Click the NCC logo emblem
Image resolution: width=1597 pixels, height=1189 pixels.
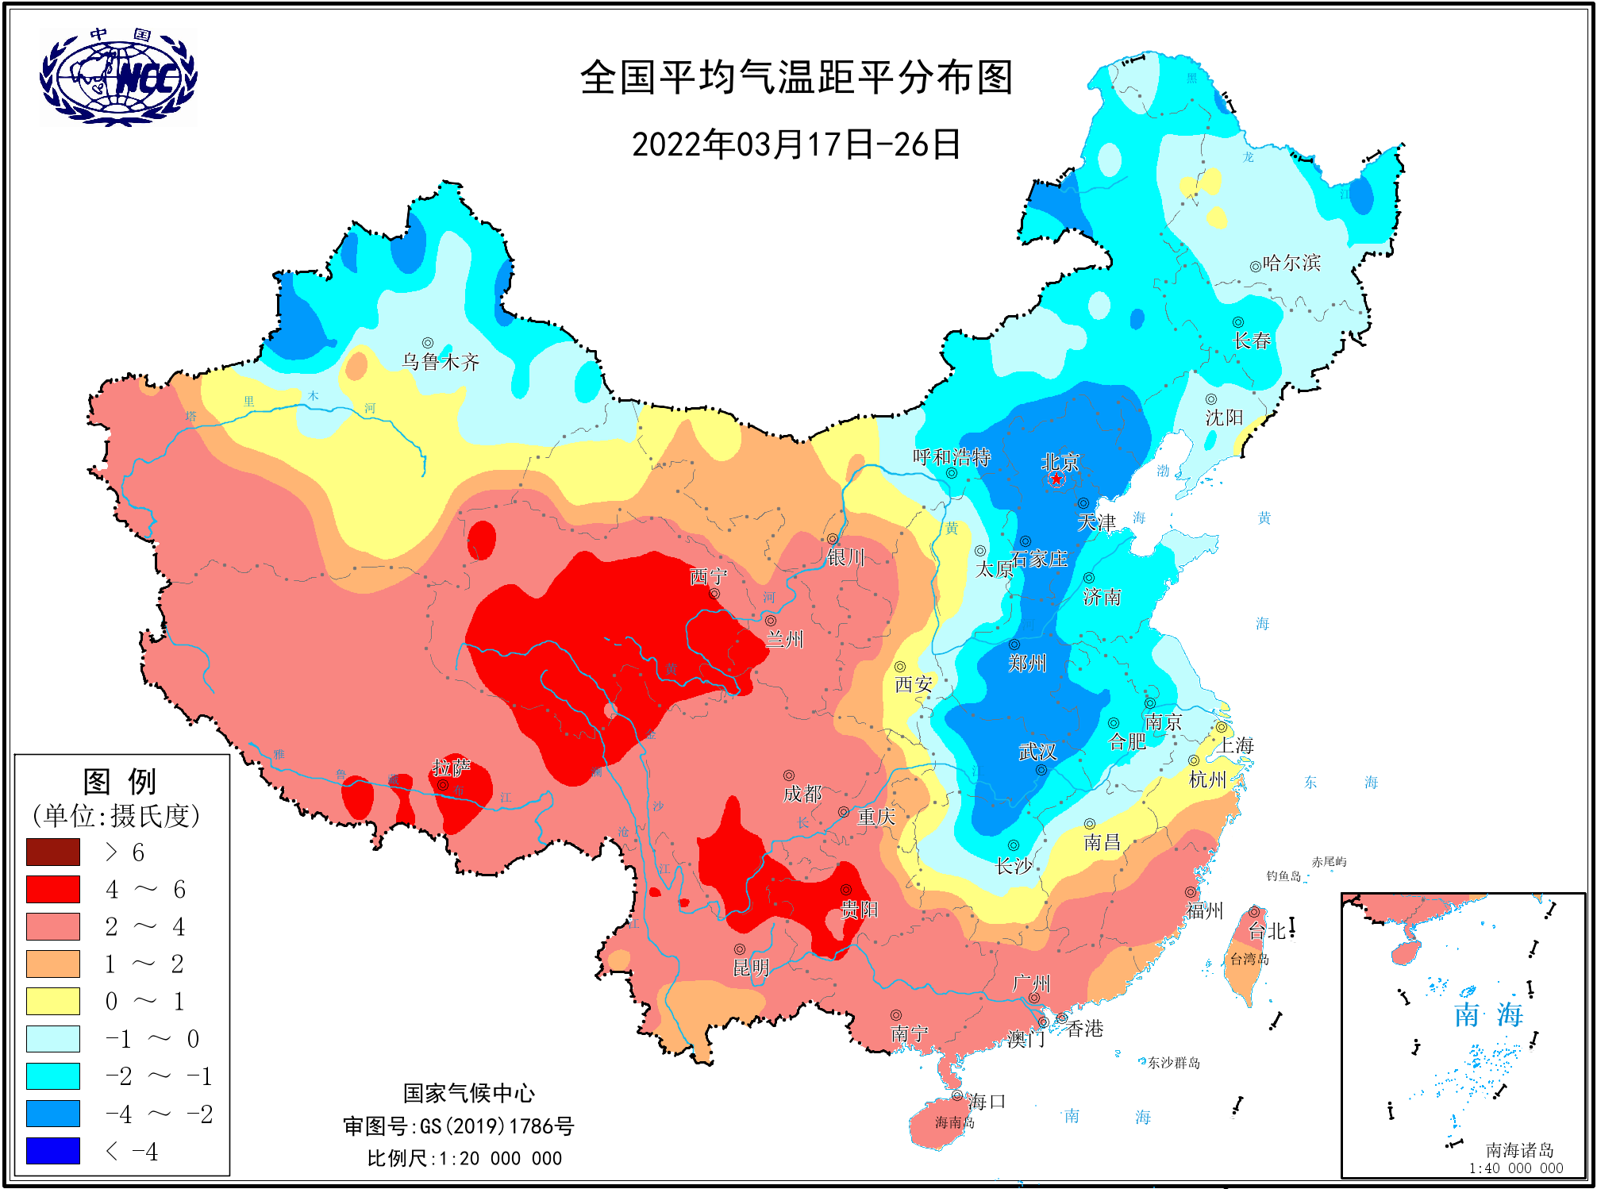(118, 77)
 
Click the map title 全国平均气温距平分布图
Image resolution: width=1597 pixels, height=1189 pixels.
(796, 78)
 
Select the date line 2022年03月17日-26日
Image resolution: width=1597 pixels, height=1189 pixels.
(796, 144)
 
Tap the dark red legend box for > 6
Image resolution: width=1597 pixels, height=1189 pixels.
(53, 852)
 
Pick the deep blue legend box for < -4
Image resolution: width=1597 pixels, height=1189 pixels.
(53, 1150)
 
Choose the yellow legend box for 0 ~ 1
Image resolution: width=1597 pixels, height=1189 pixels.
(53, 1001)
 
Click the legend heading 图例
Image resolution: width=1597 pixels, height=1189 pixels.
(120, 781)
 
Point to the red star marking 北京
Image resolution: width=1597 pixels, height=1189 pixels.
(1056, 479)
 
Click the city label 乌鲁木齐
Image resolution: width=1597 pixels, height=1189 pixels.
(441, 362)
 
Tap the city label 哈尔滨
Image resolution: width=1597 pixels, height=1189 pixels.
(1291, 263)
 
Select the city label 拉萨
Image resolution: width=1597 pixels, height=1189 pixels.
(451, 767)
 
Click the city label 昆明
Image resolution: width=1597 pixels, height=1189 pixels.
(751, 967)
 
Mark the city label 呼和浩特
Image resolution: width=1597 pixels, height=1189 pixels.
(951, 456)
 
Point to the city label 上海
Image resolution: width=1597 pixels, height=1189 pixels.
(1237, 745)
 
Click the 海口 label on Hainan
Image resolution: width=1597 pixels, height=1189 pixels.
(987, 1101)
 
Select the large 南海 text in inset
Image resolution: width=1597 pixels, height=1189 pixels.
(1488, 1014)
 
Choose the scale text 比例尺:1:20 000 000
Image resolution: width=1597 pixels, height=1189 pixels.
(464, 1158)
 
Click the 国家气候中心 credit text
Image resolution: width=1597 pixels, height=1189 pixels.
(468, 1093)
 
